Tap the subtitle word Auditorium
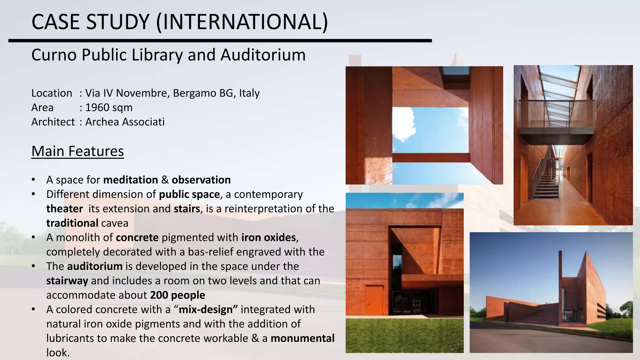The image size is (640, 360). (263, 55)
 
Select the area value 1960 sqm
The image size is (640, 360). (109, 107)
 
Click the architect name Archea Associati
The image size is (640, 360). (125, 122)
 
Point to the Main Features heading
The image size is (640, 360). (77, 151)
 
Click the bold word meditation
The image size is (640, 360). (131, 180)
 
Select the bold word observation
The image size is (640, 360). (201, 180)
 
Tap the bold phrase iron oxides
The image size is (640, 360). (268, 237)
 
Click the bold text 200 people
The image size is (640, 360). (177, 295)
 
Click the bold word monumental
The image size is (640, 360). (302, 338)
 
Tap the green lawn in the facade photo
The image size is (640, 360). (404, 336)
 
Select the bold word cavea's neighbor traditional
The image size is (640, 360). (72, 223)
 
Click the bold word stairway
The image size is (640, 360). (67, 281)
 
